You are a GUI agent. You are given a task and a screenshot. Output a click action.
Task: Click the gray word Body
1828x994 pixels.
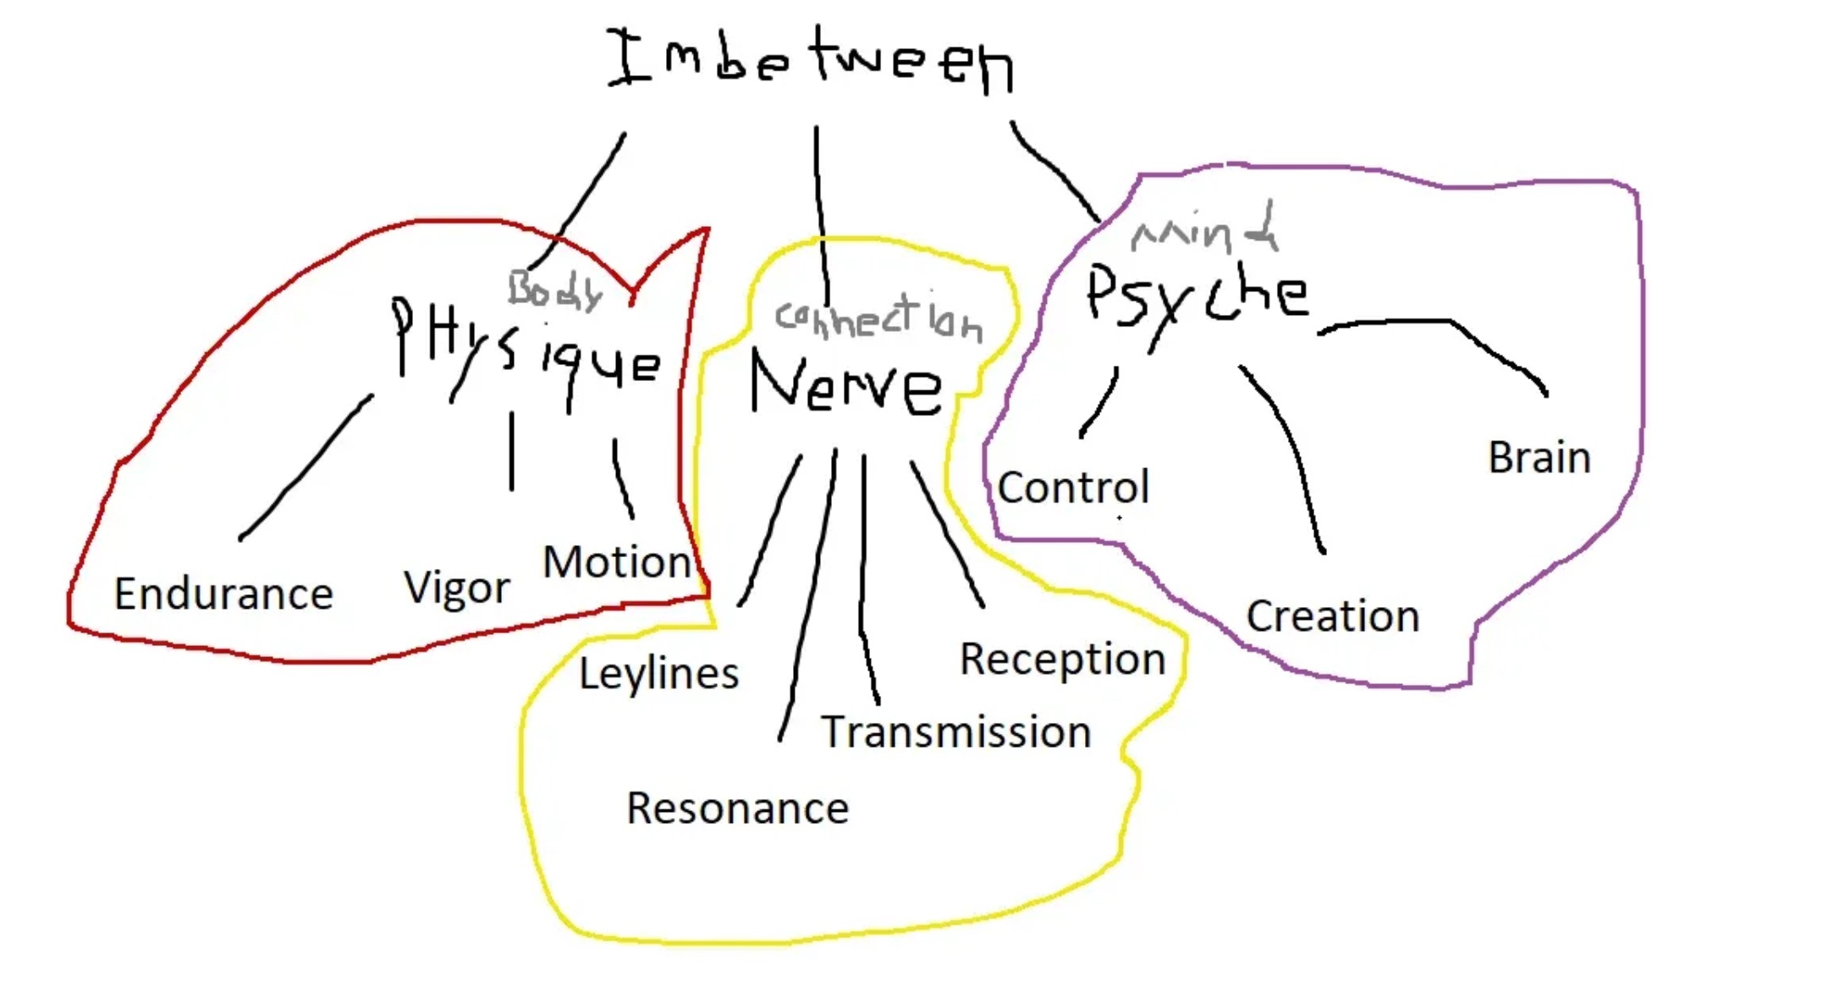[x=554, y=290]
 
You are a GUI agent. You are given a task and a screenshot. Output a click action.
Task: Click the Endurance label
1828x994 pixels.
[x=223, y=594]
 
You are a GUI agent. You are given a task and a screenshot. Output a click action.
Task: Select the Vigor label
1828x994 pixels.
[x=457, y=588]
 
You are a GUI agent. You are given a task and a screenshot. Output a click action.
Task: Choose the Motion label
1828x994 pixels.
[x=617, y=562]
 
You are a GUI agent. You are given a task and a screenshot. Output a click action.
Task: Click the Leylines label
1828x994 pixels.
[x=658, y=674]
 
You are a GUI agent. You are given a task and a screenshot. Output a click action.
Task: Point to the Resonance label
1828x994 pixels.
[x=737, y=809]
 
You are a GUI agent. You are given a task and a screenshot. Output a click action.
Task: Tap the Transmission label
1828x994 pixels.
[x=956, y=732]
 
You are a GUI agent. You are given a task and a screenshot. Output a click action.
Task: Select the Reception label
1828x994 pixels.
[x=1062, y=659]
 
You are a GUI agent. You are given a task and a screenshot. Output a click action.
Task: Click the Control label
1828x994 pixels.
[x=1073, y=488]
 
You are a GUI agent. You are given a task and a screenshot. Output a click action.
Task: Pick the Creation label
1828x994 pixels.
[x=1333, y=616]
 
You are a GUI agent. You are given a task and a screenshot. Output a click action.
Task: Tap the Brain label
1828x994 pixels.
[x=1539, y=458]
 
